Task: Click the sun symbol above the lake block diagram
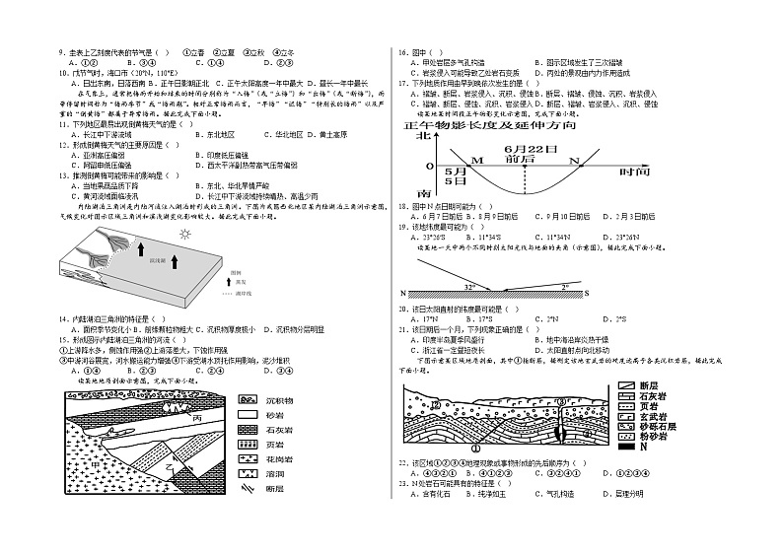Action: click(182, 235)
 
